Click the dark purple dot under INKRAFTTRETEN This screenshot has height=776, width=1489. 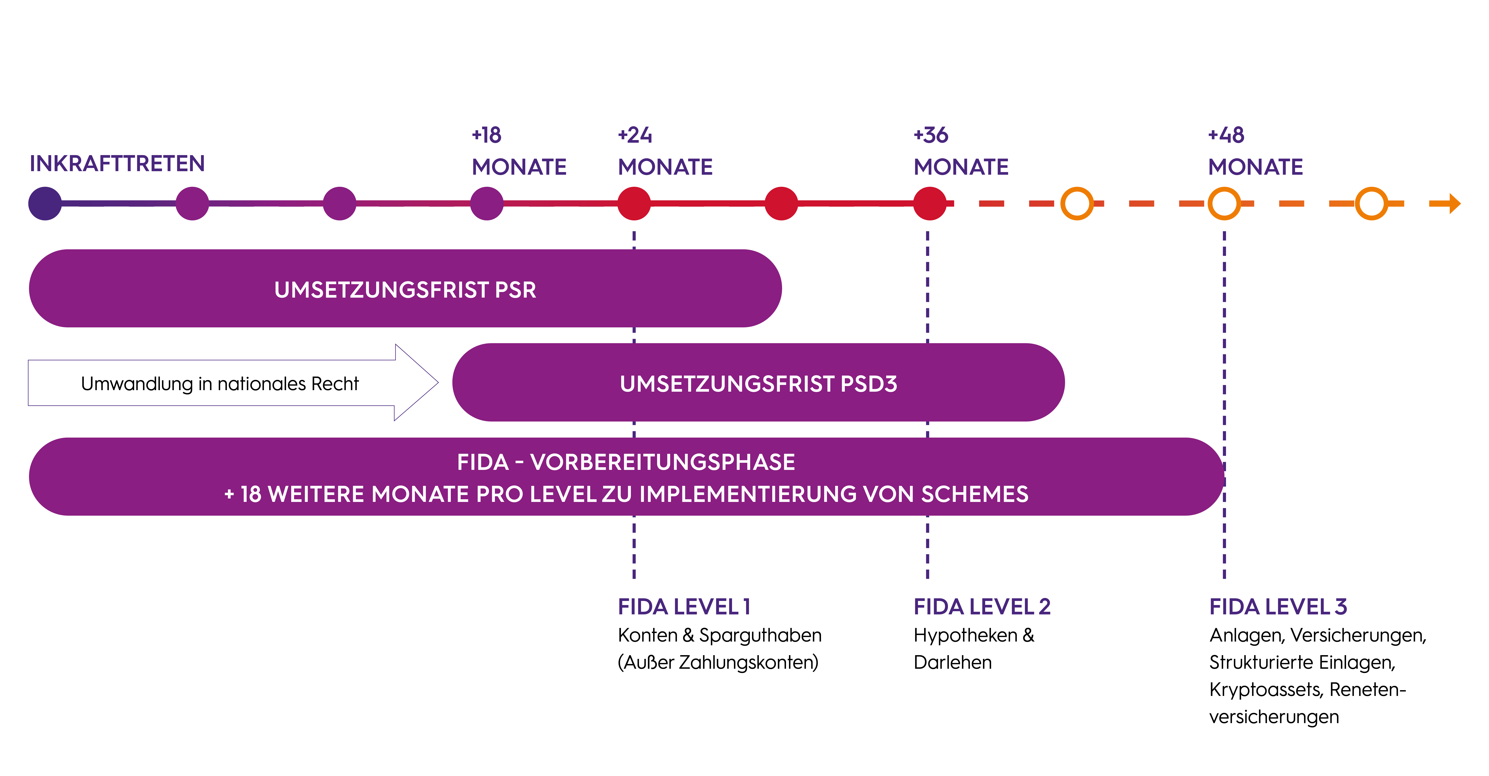(x=45, y=204)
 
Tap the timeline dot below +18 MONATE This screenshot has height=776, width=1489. (x=487, y=204)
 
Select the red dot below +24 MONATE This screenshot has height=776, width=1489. (x=634, y=204)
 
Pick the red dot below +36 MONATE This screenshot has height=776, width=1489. (x=930, y=204)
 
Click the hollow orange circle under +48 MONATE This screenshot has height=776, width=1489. (x=1224, y=204)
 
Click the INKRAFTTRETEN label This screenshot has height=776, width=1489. (x=117, y=164)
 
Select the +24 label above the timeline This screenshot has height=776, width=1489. (x=635, y=135)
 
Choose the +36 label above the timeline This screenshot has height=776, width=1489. (x=931, y=135)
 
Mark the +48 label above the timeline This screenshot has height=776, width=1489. (x=1226, y=135)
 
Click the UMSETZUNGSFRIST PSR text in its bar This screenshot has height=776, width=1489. (x=405, y=290)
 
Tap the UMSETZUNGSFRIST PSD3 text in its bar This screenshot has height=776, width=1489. (x=758, y=384)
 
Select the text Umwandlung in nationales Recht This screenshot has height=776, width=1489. (x=220, y=384)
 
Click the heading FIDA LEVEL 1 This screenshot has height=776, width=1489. (x=684, y=607)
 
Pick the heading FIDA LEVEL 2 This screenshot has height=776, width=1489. (x=981, y=607)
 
